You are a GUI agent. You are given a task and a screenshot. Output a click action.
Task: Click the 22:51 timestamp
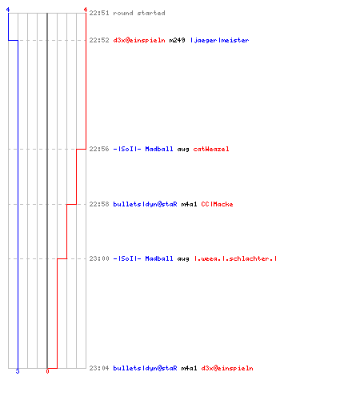pyautogui.click(x=99, y=13)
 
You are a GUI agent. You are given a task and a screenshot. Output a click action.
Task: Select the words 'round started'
pyautogui.click(x=139, y=13)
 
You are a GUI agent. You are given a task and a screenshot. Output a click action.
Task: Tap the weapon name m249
pyautogui.click(x=177, y=40)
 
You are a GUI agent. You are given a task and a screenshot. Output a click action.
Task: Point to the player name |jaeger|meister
pyautogui.click(x=220, y=40)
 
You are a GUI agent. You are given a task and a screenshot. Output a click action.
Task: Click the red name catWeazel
pyautogui.click(x=211, y=149)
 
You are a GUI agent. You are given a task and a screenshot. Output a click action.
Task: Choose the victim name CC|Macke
pyautogui.click(x=217, y=204)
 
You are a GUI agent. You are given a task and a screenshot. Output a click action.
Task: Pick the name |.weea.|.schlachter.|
pyautogui.click(x=235, y=258)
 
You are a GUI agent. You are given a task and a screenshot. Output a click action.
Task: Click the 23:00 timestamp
pyautogui.click(x=99, y=258)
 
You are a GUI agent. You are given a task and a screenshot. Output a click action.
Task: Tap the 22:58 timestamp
pyautogui.click(x=99, y=204)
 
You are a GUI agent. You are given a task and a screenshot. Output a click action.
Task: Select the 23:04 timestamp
pyautogui.click(x=99, y=368)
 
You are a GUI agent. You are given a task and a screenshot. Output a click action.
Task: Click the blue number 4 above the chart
pyautogui.click(x=8, y=10)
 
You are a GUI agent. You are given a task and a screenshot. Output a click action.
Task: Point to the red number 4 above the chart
pyautogui.click(x=86, y=10)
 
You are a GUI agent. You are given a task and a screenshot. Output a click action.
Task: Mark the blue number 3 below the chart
pyautogui.click(x=18, y=371)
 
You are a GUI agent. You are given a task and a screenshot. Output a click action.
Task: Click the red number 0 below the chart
pyautogui.click(x=47, y=371)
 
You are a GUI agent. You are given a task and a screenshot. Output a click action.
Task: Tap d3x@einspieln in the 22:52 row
pyautogui.click(x=139, y=40)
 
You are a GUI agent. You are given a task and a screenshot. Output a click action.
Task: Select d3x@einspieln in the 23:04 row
pyautogui.click(x=227, y=368)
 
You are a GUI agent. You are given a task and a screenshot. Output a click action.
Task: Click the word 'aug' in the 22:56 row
pyautogui.click(x=183, y=150)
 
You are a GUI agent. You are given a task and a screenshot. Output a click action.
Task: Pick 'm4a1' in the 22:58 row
pyautogui.click(x=189, y=204)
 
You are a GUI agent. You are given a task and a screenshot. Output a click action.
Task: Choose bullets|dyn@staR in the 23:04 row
pyautogui.click(x=145, y=368)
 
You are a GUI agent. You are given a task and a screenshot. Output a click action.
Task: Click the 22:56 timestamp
pyautogui.click(x=99, y=149)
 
